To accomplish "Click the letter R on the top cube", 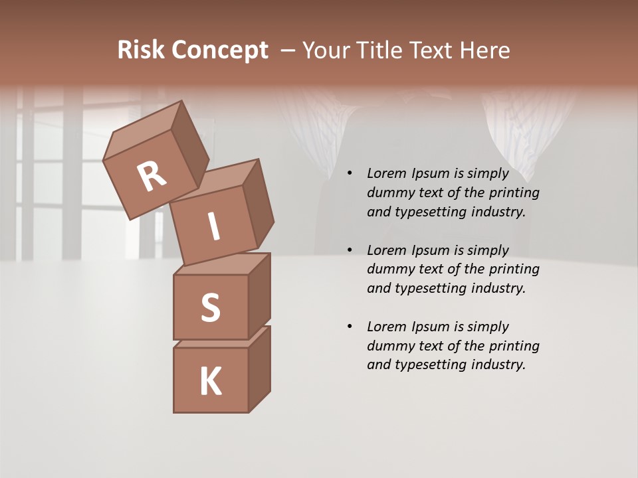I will [152, 177].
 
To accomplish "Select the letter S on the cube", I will [211, 307].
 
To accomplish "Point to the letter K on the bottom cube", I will [211, 382].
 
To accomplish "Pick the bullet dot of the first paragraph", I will [350, 174].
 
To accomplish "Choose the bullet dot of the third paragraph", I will [350, 327].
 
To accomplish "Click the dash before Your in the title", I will [288, 50].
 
